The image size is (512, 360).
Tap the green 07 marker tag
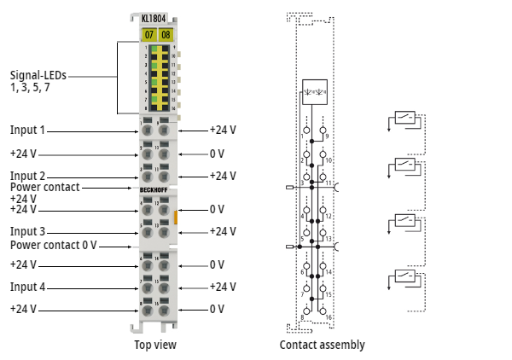tap(148, 34)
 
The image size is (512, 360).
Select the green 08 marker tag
tap(166, 34)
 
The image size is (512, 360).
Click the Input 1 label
tap(27, 131)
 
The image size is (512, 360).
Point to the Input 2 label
tap(27, 176)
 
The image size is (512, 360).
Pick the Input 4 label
tap(27, 287)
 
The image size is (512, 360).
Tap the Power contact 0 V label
tap(53, 245)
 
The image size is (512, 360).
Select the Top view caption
tap(155, 345)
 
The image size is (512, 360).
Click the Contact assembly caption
tap(322, 345)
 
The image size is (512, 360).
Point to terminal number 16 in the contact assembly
tap(329, 316)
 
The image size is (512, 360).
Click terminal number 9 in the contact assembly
tap(328, 136)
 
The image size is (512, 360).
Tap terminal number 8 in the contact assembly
tap(302, 316)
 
